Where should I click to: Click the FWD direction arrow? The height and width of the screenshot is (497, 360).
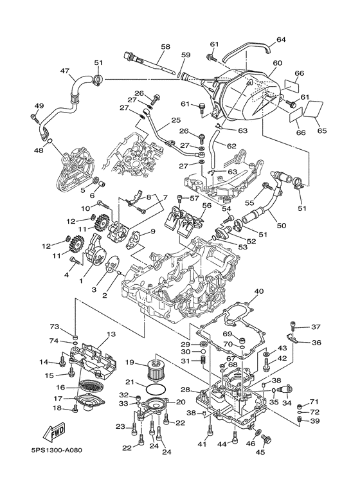[54, 431]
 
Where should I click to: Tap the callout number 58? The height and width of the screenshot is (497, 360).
[165, 47]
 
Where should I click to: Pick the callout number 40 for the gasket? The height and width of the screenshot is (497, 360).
[258, 291]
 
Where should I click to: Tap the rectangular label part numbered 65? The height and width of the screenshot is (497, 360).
[314, 109]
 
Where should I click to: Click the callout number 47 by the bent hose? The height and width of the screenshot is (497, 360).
[66, 71]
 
